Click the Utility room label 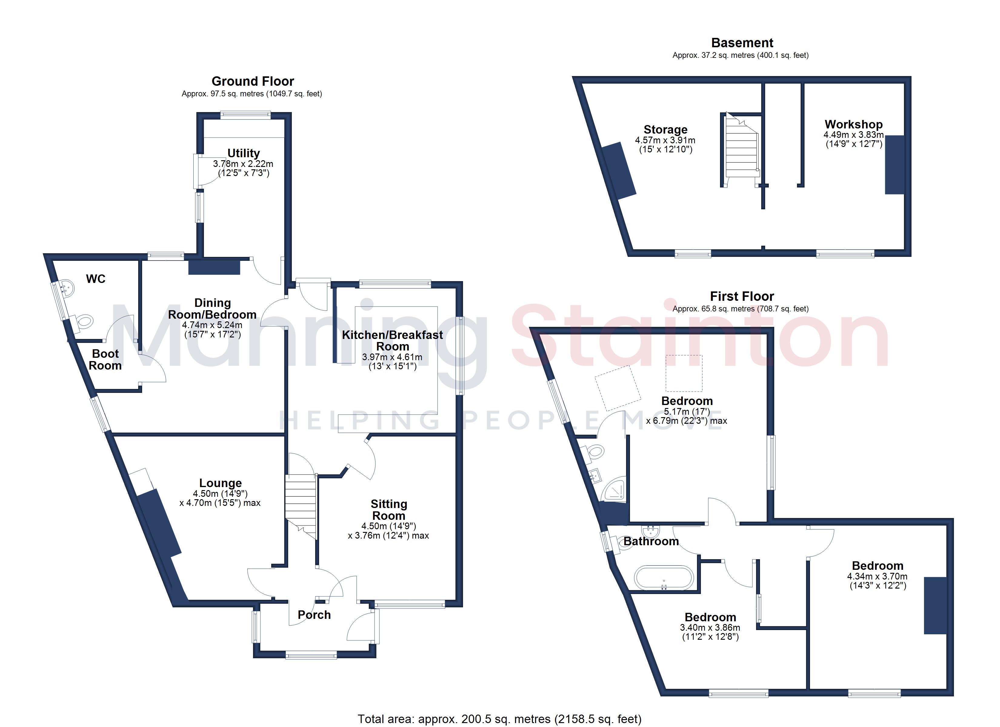coord(243,153)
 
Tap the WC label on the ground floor coord(96,279)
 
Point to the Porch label coord(314,615)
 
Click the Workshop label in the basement coord(854,124)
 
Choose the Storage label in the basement coord(665,130)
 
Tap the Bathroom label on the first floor coord(651,541)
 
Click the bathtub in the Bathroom coord(664,578)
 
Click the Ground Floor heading coord(253,81)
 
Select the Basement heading coord(742,43)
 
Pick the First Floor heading coord(742,296)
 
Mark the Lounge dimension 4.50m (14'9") coord(220,494)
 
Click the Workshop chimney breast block coord(895,164)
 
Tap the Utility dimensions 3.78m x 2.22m coord(243,164)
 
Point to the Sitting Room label coord(388,510)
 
